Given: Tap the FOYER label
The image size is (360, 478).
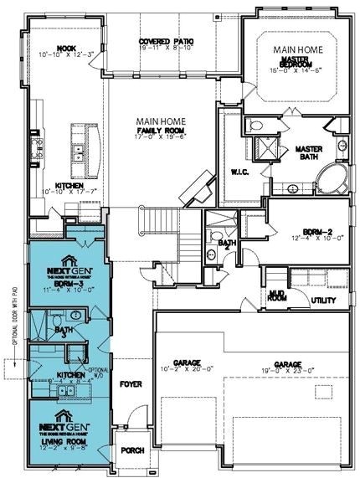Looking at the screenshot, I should point(131,387).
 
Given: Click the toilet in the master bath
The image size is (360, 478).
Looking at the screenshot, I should point(258,126).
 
